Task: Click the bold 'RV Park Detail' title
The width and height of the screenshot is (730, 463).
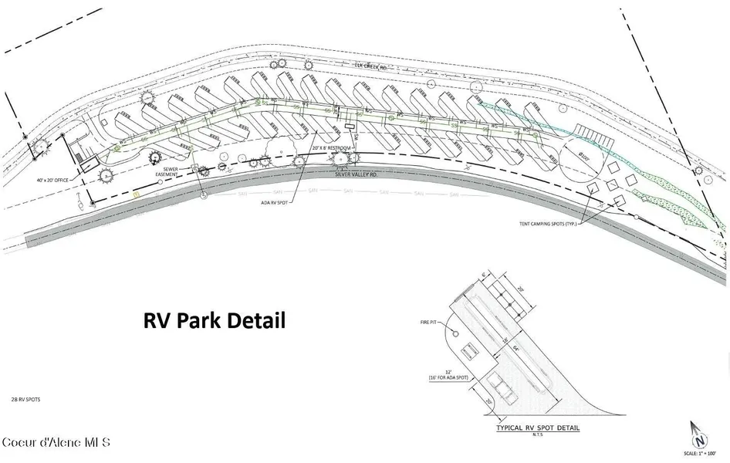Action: click(x=215, y=320)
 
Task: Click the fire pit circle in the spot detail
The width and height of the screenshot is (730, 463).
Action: click(x=455, y=333)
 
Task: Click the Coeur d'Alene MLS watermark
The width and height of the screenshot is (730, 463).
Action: click(x=56, y=443)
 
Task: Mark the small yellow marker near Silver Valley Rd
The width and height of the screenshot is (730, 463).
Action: click(x=135, y=194)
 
